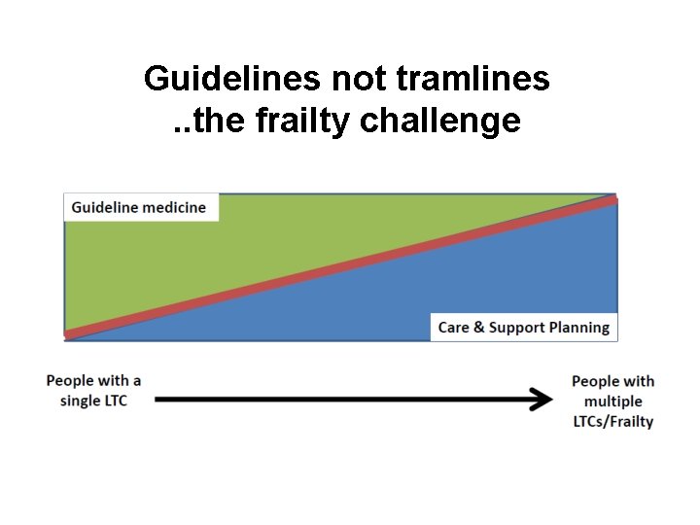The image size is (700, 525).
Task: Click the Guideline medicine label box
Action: (140, 207)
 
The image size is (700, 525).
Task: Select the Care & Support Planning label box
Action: (523, 328)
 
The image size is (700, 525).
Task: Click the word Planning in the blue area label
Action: (577, 328)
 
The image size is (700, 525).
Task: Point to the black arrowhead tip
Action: (551, 399)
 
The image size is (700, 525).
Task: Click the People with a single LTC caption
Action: (93, 391)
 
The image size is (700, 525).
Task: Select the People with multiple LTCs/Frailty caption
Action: (612, 402)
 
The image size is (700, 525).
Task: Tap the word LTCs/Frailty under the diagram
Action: (612, 422)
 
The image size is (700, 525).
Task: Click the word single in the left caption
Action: (81, 402)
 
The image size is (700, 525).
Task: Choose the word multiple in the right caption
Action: (612, 402)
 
